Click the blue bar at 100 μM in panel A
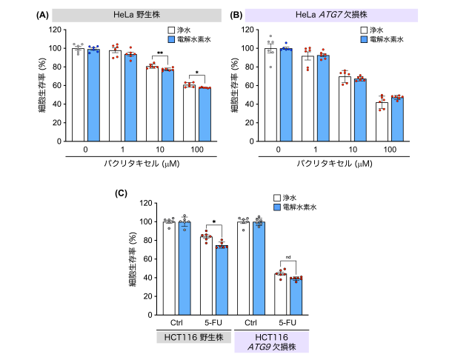(205, 115)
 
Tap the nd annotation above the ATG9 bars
(287, 258)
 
